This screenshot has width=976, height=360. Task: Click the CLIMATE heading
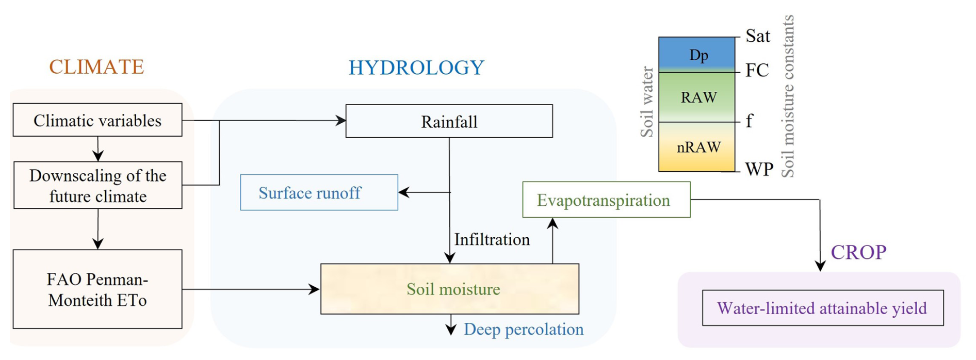point(96,67)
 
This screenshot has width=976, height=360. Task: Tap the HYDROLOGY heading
point(416,68)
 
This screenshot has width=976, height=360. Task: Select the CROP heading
point(858,252)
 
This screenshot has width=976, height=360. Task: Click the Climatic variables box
point(97,120)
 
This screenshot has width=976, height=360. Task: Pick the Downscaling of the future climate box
point(97,186)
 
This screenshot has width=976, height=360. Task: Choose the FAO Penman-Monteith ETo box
point(97,289)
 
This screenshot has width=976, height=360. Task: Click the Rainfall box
point(449,122)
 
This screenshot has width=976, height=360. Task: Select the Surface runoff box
point(319,193)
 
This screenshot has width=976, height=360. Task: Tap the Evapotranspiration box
point(606,200)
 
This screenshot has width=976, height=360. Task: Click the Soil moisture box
point(450,289)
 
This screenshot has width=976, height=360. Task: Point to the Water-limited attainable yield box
point(822,308)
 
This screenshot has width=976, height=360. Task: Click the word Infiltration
point(492,239)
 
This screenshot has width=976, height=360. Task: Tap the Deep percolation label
point(523,329)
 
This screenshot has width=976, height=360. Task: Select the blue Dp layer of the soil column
point(697,54)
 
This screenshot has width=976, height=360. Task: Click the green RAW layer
point(697,97)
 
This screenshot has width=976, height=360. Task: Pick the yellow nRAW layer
point(697,148)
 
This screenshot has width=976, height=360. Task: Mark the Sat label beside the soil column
point(757,36)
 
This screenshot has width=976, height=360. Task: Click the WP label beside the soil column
point(759,169)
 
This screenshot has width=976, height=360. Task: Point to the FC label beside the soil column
point(757,70)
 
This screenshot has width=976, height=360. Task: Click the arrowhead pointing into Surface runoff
point(404,192)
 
